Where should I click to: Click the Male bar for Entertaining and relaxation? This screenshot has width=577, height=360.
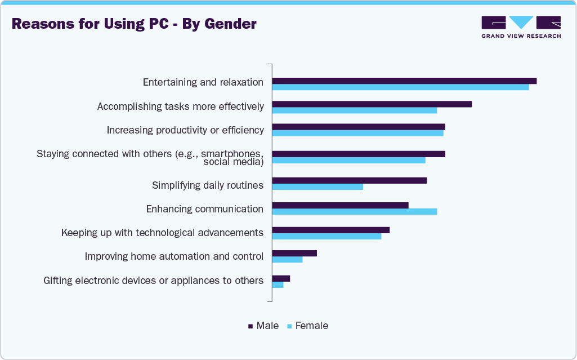click(x=404, y=81)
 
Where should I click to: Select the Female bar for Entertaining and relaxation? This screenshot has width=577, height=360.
click(x=400, y=87)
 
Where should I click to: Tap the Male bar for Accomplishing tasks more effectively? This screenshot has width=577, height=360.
click(x=372, y=104)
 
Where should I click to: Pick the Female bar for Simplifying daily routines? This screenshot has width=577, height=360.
click(x=317, y=186)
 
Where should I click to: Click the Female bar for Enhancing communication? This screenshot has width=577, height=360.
click(x=354, y=211)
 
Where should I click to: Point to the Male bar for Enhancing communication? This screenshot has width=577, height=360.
click(x=340, y=205)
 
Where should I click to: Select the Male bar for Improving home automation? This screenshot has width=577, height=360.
click(x=294, y=253)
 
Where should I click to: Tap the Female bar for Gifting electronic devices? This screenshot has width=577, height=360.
click(x=278, y=285)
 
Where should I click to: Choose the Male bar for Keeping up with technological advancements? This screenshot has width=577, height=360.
click(x=330, y=230)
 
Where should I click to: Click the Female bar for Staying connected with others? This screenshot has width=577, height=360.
click(x=348, y=161)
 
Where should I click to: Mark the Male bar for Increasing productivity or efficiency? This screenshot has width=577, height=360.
click(x=359, y=127)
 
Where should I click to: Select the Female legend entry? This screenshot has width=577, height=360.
click(x=307, y=326)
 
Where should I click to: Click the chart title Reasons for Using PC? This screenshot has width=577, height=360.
click(x=134, y=24)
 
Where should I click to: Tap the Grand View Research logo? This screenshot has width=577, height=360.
click(x=521, y=26)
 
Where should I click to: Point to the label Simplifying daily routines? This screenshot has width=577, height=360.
click(x=208, y=185)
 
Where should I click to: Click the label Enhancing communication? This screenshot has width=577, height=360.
click(x=205, y=209)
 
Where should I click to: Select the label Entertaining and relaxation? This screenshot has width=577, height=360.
click(x=203, y=82)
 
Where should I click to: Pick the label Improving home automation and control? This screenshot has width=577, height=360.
click(x=174, y=256)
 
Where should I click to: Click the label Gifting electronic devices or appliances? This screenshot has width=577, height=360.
click(x=153, y=280)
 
